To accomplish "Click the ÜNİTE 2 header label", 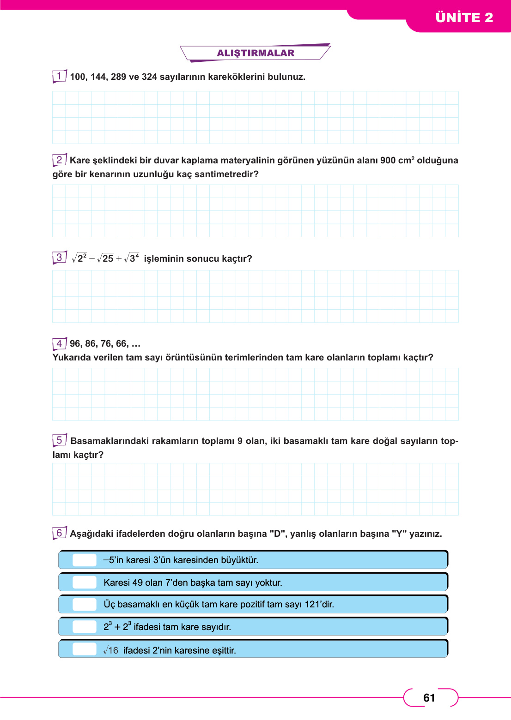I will coord(464,18).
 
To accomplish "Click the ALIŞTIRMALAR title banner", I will coord(255,53).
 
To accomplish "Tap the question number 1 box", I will coord(59,76).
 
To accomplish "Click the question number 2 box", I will coord(59,160).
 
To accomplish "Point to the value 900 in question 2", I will coord(388,161).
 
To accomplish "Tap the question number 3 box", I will coord(59,258).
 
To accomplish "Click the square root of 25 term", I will coord(106,258).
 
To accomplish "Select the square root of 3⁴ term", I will coord(132,258).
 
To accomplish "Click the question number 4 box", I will coord(59,344).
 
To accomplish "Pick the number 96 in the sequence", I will coord(76,344).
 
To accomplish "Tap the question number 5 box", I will coord(59,440).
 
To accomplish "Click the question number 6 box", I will coord(59,533).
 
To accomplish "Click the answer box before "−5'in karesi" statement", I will coord(85,560).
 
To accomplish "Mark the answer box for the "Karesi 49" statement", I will coord(85,582).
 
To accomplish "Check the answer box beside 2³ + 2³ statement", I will coord(85,627).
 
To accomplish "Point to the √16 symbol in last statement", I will coord(111,650).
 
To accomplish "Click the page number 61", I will coord(429,698).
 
